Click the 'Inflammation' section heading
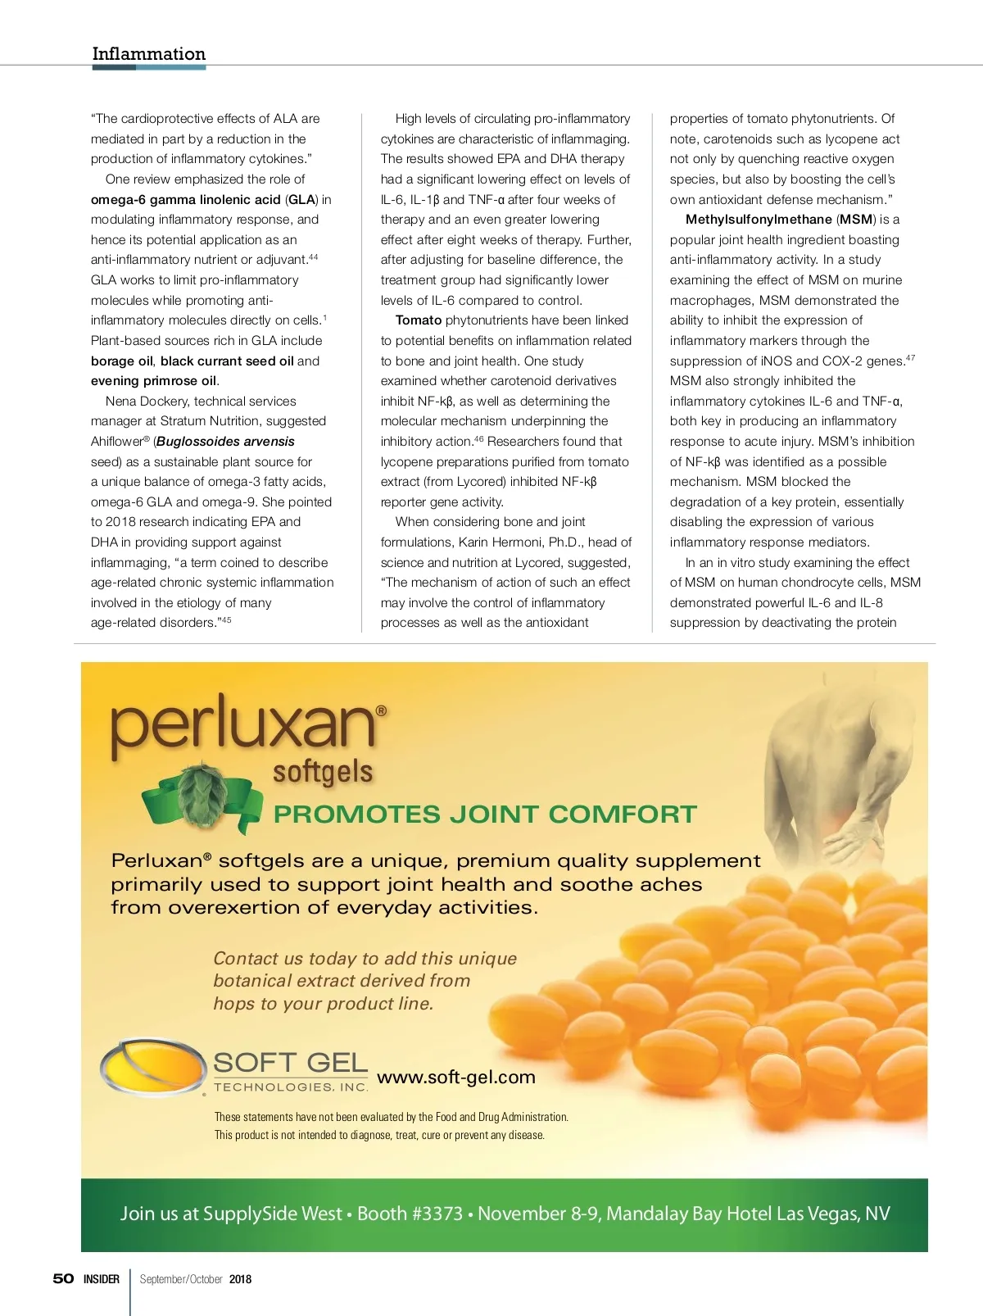(x=148, y=54)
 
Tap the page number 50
(x=63, y=1278)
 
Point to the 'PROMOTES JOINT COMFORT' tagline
(x=485, y=815)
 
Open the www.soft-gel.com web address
(x=456, y=1078)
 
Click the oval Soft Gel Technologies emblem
(x=152, y=1067)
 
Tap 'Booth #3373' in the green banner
(x=410, y=1214)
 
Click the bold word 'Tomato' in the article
(x=419, y=320)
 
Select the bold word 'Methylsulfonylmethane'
(x=759, y=220)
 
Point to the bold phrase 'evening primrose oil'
(x=154, y=381)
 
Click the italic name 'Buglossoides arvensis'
(x=225, y=442)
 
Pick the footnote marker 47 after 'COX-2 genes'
(x=910, y=358)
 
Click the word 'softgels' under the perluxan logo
(x=323, y=772)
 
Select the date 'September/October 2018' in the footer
(x=196, y=1279)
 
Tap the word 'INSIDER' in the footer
(x=102, y=1279)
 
